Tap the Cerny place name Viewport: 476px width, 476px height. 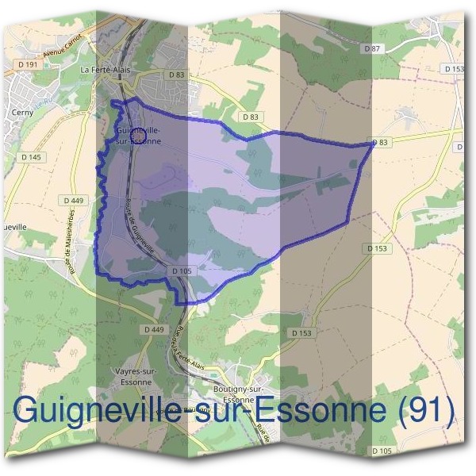tap(21, 113)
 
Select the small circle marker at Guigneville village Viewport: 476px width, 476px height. tap(137, 136)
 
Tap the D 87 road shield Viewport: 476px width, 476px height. tap(372, 49)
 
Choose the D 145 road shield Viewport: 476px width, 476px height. tap(31, 157)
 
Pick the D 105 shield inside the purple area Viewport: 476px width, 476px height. tap(182, 271)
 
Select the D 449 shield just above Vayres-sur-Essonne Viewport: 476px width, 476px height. tap(154, 329)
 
